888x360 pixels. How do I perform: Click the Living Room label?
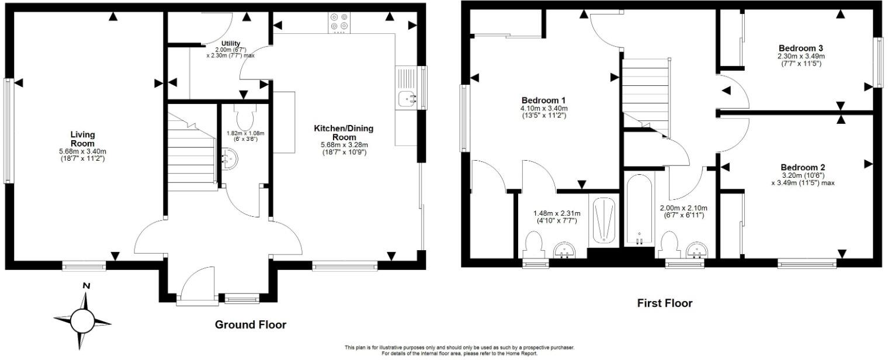(82, 139)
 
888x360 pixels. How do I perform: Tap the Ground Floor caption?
(251, 325)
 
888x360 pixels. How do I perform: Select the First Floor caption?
(664, 303)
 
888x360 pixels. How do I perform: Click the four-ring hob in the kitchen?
(339, 22)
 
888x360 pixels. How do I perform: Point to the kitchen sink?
(405, 99)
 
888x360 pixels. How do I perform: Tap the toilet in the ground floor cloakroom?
(243, 116)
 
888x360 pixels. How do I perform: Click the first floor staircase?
(644, 94)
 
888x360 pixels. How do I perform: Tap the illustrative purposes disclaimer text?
(459, 348)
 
